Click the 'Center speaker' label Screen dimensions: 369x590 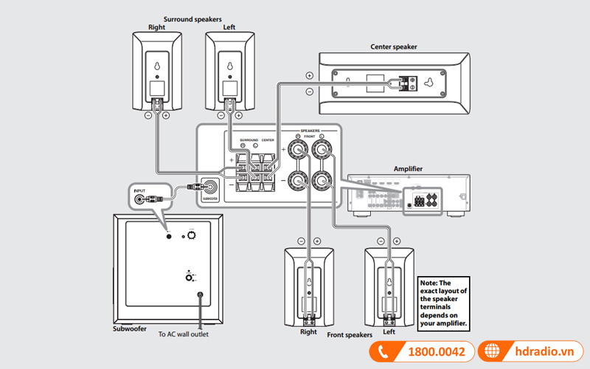[x=394, y=46]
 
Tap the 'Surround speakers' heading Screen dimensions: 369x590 [x=192, y=19]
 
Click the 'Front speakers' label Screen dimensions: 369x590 [x=350, y=334]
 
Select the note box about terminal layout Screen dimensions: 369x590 [x=444, y=303]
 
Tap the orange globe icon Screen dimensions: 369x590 [x=490, y=352]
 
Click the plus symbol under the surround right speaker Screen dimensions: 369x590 [x=166, y=116]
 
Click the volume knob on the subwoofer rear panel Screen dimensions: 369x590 [x=191, y=235]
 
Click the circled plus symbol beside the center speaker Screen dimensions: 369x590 [x=308, y=75]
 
